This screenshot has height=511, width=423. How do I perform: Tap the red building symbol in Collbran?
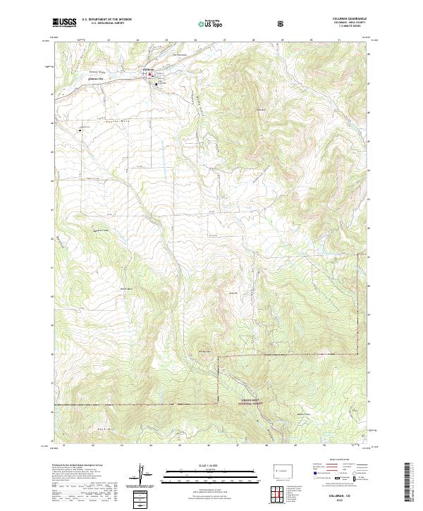(148, 74)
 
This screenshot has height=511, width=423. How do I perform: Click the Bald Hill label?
(240, 109)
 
